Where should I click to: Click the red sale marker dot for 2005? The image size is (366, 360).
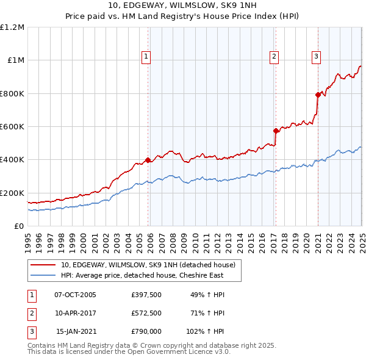pyautogui.click(x=148, y=160)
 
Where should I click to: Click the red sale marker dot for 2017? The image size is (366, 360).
pyautogui.click(x=276, y=131)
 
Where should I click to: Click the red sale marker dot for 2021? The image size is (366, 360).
pyautogui.click(x=318, y=95)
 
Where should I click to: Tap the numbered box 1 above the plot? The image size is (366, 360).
pyautogui.click(x=147, y=57)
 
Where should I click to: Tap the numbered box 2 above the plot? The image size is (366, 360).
pyautogui.click(x=274, y=57)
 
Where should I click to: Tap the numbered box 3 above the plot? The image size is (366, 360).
pyautogui.click(x=317, y=57)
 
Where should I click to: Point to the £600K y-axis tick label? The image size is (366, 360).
pyautogui.click(x=12, y=127)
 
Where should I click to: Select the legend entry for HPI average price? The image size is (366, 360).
pyautogui.click(x=142, y=275)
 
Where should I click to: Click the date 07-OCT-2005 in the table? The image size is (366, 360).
pyautogui.click(x=76, y=295)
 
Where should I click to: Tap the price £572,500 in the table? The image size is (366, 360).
pyautogui.click(x=146, y=313)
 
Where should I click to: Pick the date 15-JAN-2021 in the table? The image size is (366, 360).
pyautogui.click(x=76, y=331)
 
